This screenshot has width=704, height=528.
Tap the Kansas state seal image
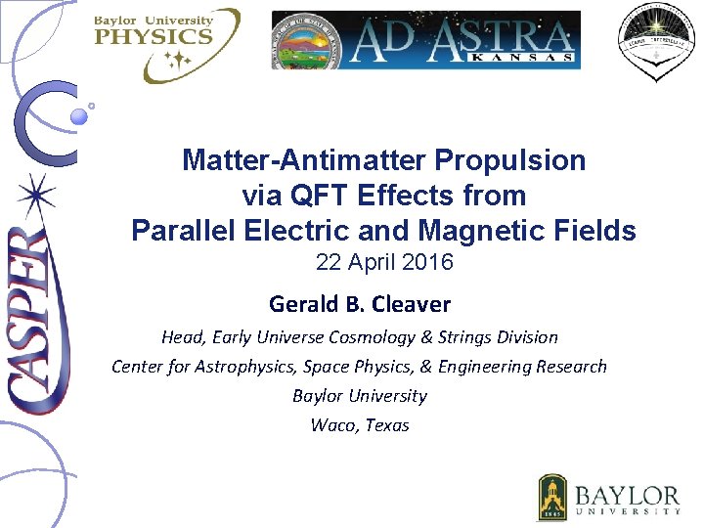[x=308, y=40]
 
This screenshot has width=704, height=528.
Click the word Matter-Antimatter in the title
[x=306, y=160]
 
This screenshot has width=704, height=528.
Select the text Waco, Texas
[x=360, y=425]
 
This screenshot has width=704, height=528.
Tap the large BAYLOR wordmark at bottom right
[x=627, y=494]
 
